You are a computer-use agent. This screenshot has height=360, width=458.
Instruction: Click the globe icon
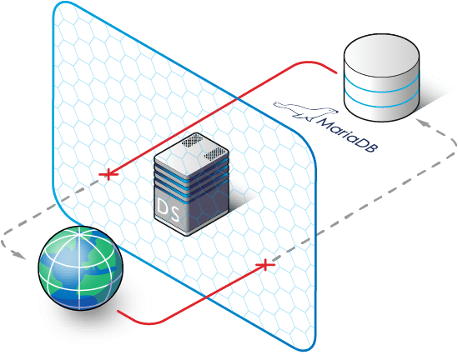pos(81,268)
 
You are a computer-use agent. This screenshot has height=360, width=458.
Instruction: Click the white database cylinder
pos(382,77)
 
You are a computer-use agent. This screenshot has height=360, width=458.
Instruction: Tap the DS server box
pos(191,184)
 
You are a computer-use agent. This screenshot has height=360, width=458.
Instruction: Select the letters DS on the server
pos(168,210)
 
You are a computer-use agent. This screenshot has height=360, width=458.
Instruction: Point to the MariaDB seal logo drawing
pos(305,111)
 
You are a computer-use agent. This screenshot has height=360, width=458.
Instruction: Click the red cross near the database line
pos(108,174)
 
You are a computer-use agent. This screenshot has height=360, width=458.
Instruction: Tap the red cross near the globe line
pos(265,265)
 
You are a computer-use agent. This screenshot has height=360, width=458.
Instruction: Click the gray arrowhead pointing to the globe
pos(20,255)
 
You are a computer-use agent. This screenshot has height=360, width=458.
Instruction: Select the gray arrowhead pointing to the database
pos(423,122)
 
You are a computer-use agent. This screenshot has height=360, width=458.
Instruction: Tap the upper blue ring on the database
pos(382,85)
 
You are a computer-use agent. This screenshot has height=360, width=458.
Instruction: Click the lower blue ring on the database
pos(382,101)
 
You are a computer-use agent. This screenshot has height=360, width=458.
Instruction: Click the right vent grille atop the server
pos(215,153)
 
